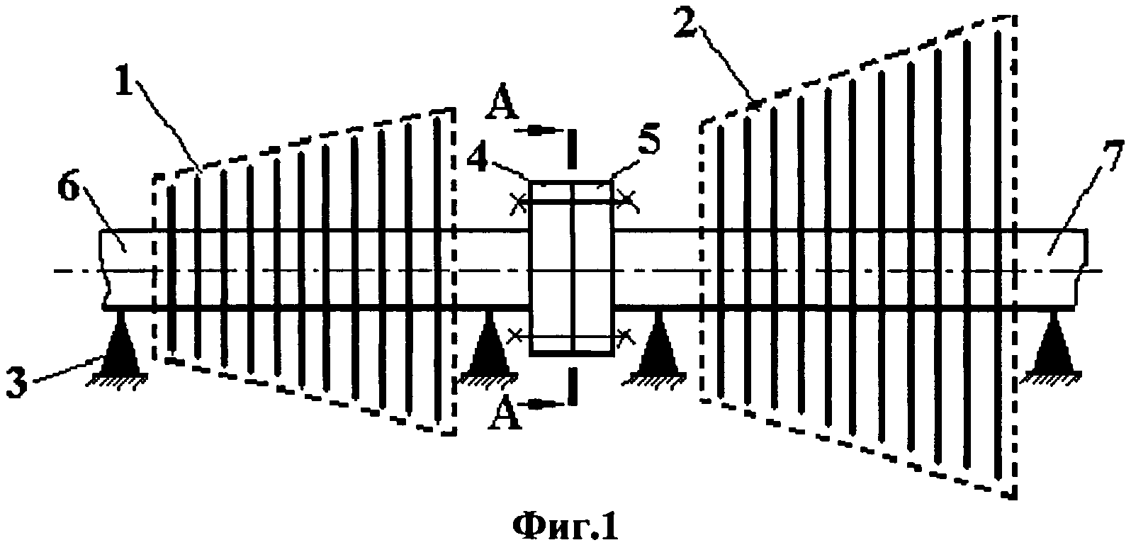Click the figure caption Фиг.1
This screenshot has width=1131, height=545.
click(565, 525)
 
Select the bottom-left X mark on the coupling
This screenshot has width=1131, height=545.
click(517, 335)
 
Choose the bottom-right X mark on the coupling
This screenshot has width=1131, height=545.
click(625, 335)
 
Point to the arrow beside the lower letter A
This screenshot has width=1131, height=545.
click(544, 405)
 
